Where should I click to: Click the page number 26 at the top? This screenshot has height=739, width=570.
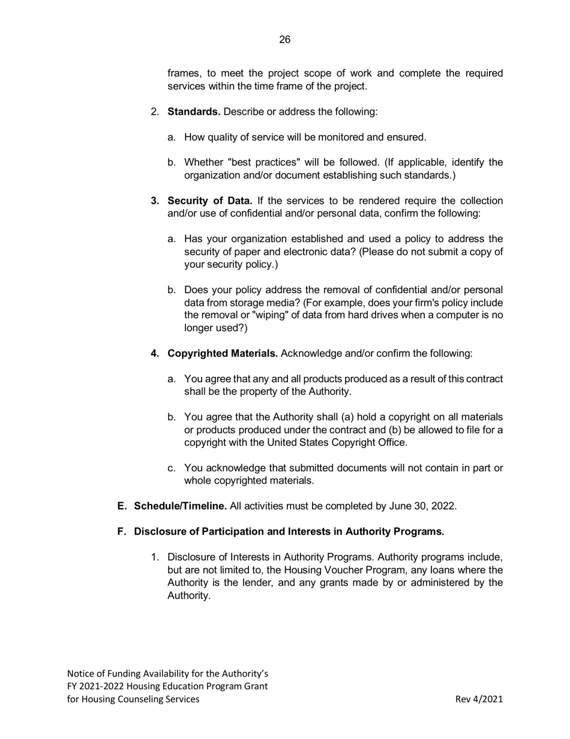tap(284, 40)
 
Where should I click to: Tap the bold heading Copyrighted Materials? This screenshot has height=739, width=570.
tap(223, 353)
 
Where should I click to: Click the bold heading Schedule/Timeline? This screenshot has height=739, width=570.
tap(181, 506)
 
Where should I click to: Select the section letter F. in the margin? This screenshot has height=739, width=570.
tap(122, 531)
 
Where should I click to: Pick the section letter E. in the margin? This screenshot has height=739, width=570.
tap(122, 506)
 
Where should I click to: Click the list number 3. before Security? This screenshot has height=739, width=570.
tap(155, 201)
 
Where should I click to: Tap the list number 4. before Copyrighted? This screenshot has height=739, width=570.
tap(155, 353)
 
